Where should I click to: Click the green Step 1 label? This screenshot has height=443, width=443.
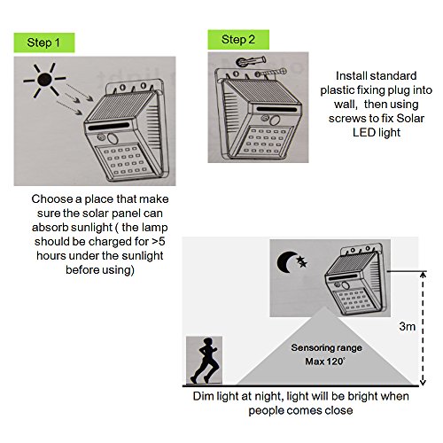44,43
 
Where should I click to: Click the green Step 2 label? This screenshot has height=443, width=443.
238,40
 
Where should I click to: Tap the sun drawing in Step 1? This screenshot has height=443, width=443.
45,80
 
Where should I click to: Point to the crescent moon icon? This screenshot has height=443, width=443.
287,262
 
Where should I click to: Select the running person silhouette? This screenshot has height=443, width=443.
205,361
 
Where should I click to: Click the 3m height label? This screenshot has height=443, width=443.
407,326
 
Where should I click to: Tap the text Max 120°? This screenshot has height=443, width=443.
325,361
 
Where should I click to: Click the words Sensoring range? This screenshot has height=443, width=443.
326,347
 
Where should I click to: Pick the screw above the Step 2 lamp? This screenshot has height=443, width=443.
271,73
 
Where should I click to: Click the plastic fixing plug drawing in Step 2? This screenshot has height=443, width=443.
252,61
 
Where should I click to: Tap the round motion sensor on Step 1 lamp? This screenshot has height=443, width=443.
113,138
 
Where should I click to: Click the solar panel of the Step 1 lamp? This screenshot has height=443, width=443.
121,106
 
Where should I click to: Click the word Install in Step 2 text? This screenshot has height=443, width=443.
348,76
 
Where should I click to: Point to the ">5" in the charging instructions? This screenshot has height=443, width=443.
159,241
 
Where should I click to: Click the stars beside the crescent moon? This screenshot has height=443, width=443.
302,261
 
